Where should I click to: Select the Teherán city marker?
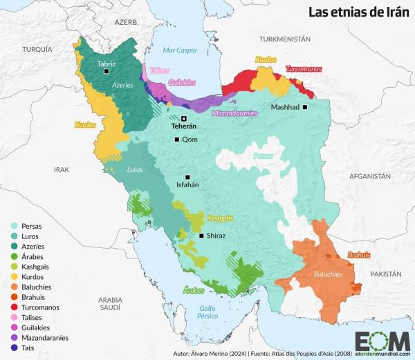pyautogui.click(x=184, y=118)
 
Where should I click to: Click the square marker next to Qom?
pyautogui.click(x=177, y=140)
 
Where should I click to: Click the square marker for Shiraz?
pyautogui.click(x=201, y=236)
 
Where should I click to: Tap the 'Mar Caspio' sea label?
pyautogui.click(x=179, y=50)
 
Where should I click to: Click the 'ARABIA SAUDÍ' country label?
pyautogui.click(x=111, y=304)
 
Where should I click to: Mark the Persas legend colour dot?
pyautogui.click(x=14, y=225)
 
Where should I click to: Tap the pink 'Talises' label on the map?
pyautogui.click(x=159, y=70)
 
